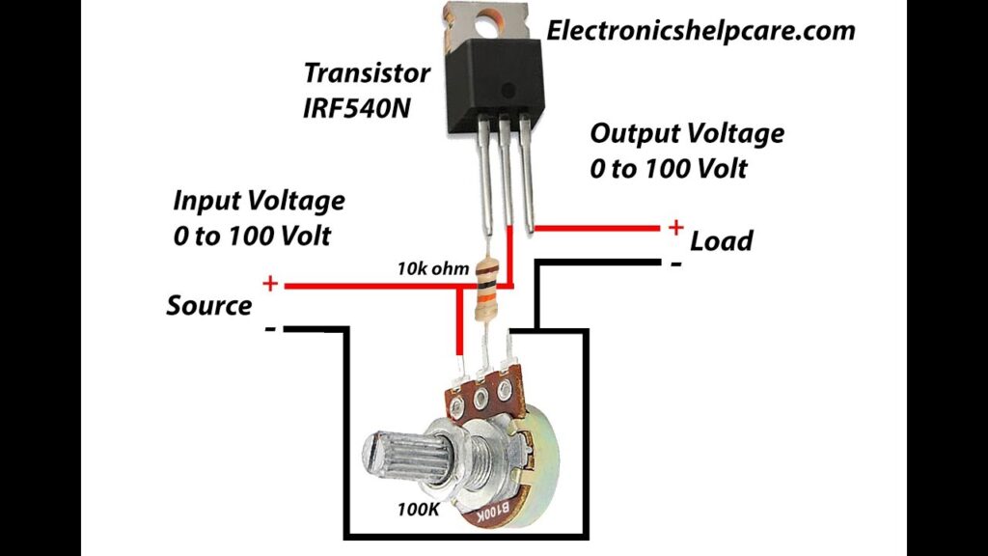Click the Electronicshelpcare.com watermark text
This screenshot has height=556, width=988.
[x=700, y=31]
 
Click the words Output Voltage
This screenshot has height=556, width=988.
[x=687, y=133]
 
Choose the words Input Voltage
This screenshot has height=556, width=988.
[x=259, y=201]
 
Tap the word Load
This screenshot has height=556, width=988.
[x=721, y=240]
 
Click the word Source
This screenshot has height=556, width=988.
[x=208, y=306]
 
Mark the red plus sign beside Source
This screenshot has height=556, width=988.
[x=271, y=284]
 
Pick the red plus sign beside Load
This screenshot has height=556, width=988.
[x=675, y=228]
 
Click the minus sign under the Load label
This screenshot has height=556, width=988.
[x=675, y=263]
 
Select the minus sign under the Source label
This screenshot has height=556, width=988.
[x=271, y=330]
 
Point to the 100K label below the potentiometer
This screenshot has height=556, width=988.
[x=419, y=509]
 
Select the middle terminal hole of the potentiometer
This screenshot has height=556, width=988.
[x=480, y=395]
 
